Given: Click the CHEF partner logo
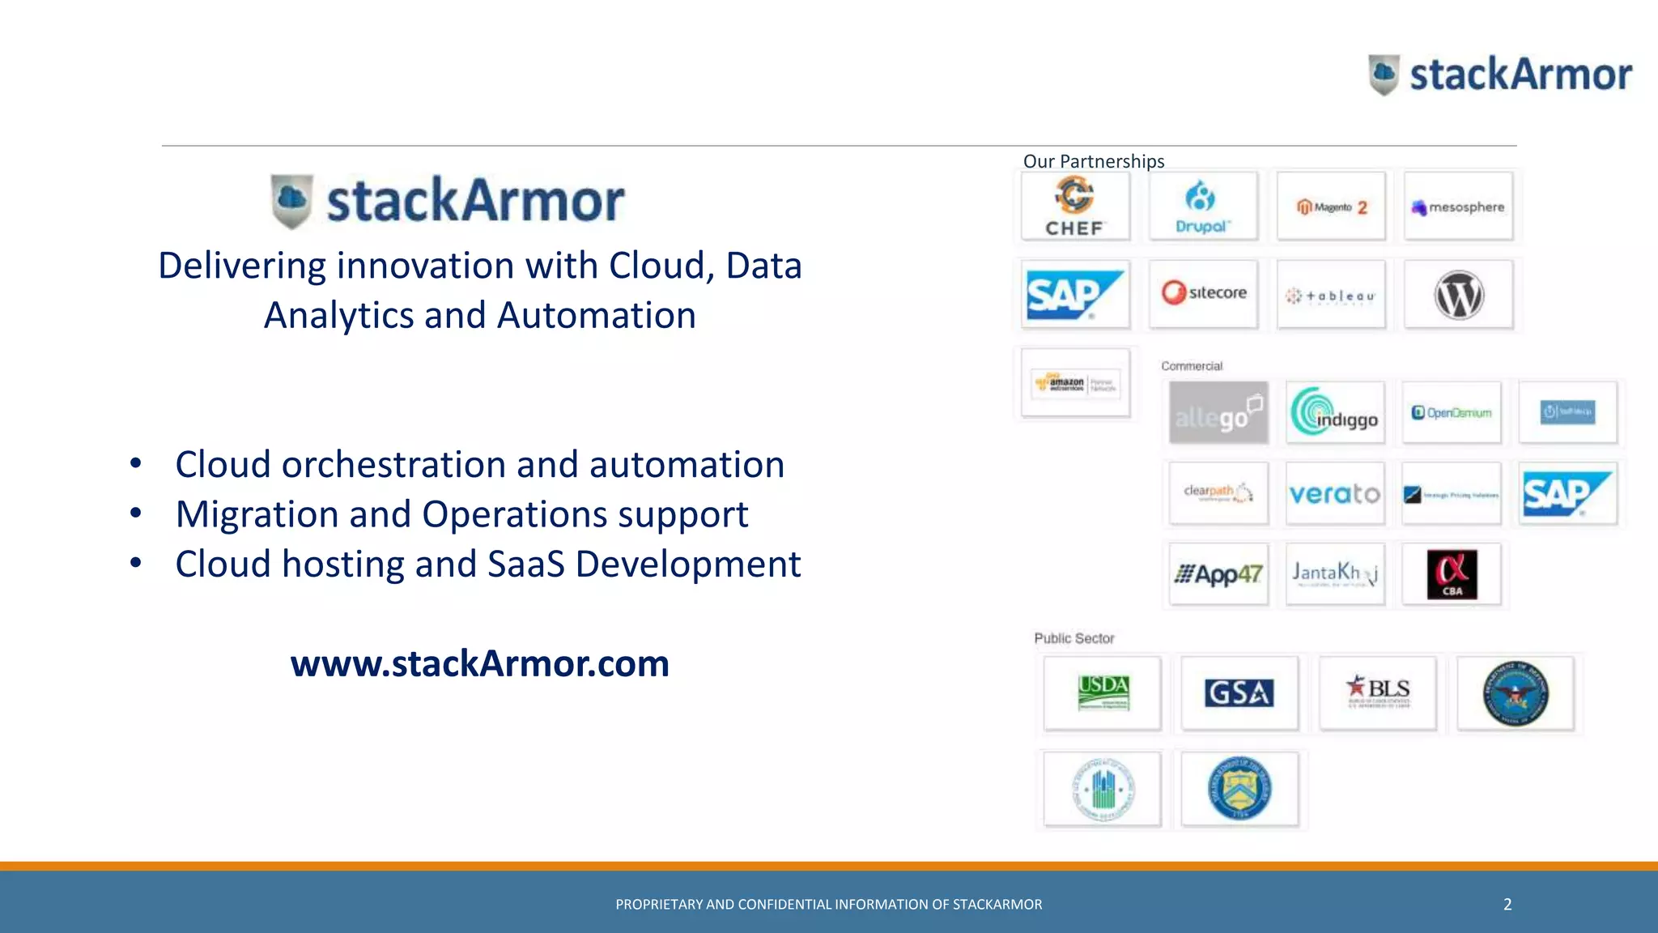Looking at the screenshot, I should point(1075,206).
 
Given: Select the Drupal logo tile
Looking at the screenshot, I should point(1202,206).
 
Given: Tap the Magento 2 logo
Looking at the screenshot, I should point(1331,207).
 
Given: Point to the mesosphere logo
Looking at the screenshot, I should point(1458,207).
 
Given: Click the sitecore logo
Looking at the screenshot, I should point(1204,293).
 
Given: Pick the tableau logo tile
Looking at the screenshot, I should point(1331,296).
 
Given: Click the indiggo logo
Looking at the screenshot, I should point(1334,412).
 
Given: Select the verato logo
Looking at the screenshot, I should point(1334,493).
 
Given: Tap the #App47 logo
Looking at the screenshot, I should point(1218,574).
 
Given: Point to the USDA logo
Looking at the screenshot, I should point(1103,692).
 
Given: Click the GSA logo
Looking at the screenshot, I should point(1239,692).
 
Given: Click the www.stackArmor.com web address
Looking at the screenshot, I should point(480,663).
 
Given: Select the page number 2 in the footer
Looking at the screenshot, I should point(1507,905).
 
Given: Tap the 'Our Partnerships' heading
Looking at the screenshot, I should point(1094,161).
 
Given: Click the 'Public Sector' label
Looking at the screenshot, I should point(1074,638).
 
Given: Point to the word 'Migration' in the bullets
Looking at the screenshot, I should point(257,515).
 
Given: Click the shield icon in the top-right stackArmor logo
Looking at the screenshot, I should point(1384,75).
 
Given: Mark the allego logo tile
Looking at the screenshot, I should point(1218,413).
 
